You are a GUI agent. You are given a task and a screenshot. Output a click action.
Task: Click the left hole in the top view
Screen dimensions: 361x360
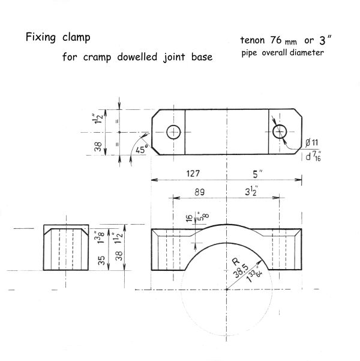[x=174, y=132]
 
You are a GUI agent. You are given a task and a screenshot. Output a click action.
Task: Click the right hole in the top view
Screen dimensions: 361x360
[x=280, y=132]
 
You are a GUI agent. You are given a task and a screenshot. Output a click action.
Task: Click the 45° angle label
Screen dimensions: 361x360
[x=141, y=149]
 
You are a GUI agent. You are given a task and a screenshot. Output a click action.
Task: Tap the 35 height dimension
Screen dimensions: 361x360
[x=101, y=260]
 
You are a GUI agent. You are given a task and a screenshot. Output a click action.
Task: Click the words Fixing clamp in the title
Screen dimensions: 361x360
[x=58, y=38]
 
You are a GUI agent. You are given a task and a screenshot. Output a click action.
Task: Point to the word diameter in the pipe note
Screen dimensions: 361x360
[x=308, y=53]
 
